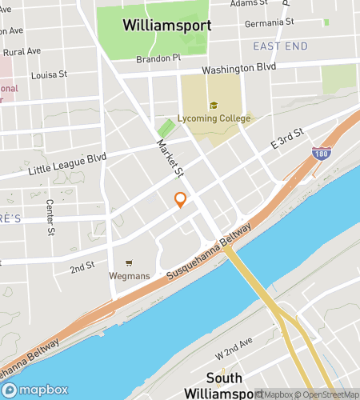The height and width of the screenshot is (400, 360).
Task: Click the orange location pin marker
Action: click(181, 199)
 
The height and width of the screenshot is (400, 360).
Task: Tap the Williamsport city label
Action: click(167, 25)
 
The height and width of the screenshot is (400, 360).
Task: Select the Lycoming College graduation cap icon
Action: click(214, 106)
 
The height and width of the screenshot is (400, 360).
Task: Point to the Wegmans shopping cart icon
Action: click(129, 262)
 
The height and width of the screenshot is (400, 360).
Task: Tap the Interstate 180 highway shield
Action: click(319, 152)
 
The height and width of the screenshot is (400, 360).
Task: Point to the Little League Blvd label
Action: click(67, 164)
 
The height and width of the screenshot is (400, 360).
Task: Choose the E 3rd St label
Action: click(287, 138)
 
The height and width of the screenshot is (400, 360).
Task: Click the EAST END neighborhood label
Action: click(280, 46)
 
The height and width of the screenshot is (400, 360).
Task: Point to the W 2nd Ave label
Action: click(234, 354)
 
